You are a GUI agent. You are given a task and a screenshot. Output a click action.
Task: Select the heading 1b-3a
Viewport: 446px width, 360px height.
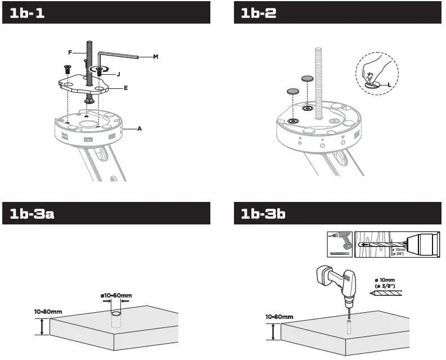point(32,214)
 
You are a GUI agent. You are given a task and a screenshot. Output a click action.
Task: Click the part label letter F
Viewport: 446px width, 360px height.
point(70,52)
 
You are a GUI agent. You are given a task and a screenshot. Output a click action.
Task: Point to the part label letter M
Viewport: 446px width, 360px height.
point(156,57)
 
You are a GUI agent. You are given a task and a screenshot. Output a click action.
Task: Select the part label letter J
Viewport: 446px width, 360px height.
point(119,74)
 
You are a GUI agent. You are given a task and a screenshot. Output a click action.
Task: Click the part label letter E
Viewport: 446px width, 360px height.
point(125,88)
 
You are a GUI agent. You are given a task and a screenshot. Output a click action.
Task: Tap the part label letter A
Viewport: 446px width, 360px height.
point(139,129)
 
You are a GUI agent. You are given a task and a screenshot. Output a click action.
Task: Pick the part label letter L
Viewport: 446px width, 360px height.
point(389,84)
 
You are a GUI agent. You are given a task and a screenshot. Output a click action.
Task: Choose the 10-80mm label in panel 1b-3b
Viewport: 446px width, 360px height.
point(280,317)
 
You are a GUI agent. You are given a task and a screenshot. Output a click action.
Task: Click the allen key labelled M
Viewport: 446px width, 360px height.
point(115,56)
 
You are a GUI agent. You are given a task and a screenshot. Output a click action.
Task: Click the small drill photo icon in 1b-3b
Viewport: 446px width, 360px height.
point(340,244)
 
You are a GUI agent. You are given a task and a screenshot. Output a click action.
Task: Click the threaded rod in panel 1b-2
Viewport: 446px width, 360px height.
point(318,79)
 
